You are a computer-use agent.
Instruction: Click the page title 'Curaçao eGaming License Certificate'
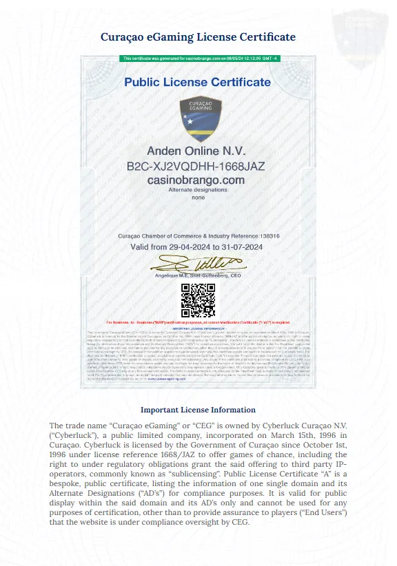[198, 36]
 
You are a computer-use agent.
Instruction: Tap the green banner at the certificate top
[198, 59]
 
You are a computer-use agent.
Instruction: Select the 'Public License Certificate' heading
[198, 82]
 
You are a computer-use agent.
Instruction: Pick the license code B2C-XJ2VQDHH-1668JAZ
[196, 166]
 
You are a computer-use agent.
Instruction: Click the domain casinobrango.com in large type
[196, 180]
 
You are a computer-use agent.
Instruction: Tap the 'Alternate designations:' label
[198, 189]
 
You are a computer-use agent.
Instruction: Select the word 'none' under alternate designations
[198, 197]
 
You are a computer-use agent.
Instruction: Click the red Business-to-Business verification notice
[198, 322]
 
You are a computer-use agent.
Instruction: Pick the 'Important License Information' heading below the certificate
[198, 410]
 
